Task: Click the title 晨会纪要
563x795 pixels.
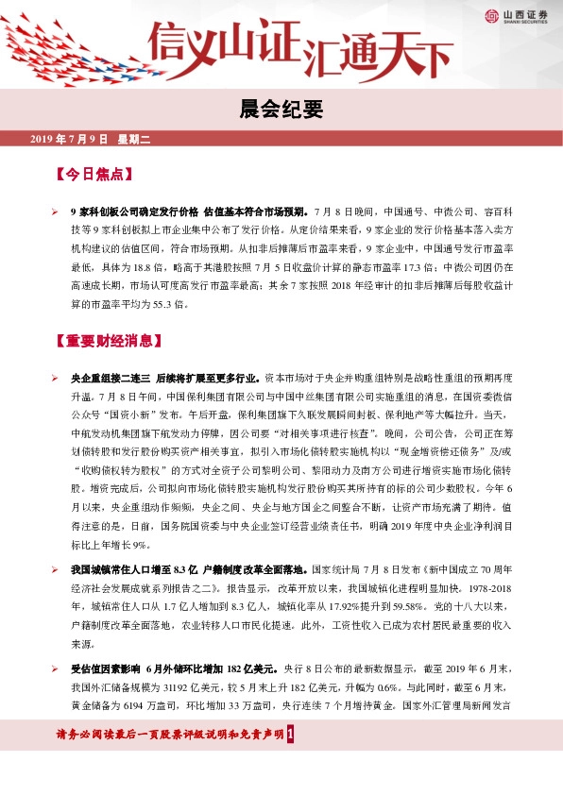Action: tap(281, 110)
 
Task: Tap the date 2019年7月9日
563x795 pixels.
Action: tap(71, 140)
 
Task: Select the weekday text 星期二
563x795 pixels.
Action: tap(134, 140)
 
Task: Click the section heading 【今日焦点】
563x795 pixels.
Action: tap(92, 176)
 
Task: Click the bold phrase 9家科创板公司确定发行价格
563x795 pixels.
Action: tap(134, 211)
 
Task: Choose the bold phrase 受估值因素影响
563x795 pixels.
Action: tap(102, 668)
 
